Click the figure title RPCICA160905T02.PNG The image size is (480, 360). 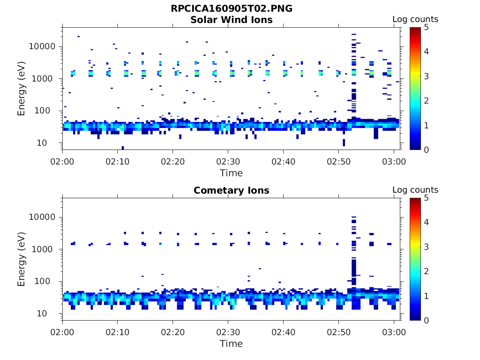tap(232, 8)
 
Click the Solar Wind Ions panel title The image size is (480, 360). tap(232, 20)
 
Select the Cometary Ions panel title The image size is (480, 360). tap(232, 190)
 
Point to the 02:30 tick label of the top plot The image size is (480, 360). tap(228, 161)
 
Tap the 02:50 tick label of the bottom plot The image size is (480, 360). tap(338, 332)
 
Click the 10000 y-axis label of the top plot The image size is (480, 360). tap(42, 46)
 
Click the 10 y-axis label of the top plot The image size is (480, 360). tap(42, 142)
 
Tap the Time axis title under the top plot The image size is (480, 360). tap(231, 173)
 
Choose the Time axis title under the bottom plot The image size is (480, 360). tap(231, 344)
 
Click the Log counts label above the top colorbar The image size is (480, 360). tap(415, 19)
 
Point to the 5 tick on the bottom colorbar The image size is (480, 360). tap(427, 198)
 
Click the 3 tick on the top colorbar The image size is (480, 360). tap(427, 76)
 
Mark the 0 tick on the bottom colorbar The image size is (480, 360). tap(427, 321)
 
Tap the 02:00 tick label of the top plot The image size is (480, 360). tap(62, 161)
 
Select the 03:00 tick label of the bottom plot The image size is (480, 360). tap(394, 332)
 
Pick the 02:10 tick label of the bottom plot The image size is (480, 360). tap(118, 332)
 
